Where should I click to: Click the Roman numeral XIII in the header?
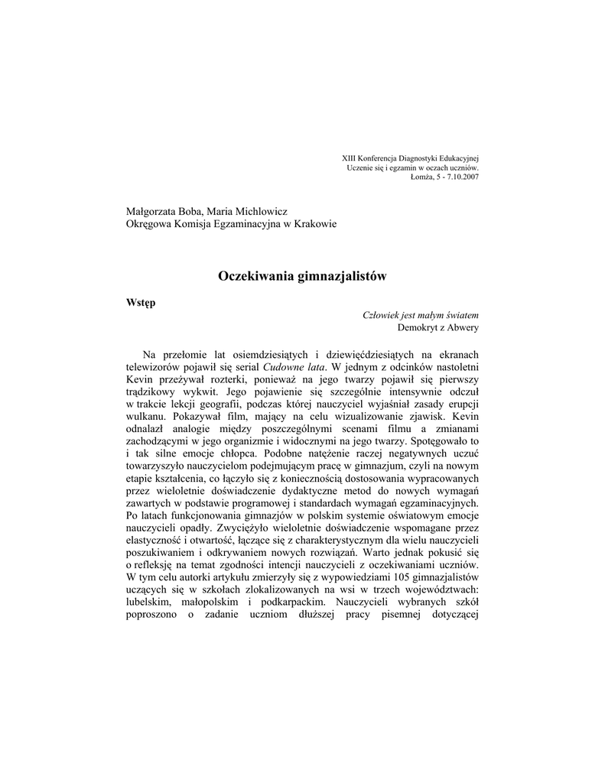coord(349,158)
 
